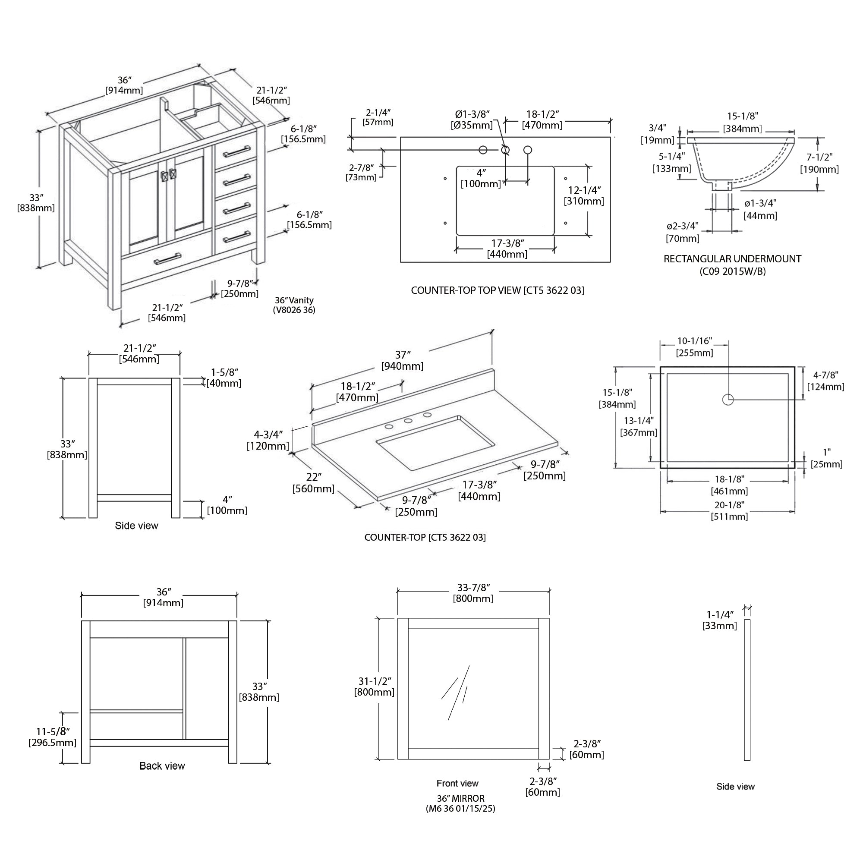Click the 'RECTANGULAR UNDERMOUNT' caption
coord(732,259)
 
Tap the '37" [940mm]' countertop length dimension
coord(402,360)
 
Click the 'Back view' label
coord(162,765)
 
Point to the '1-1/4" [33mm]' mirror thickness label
coord(719,620)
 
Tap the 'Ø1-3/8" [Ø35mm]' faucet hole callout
coord(472,120)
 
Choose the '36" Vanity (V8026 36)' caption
coord(294,305)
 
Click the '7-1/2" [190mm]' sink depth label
coord(819,164)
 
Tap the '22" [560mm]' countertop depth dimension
coord(314,483)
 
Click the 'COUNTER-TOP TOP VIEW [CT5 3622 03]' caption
coord(497,290)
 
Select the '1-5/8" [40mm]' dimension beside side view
coord(224,378)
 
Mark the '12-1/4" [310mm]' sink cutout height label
coord(584,195)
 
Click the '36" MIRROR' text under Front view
coord(460,798)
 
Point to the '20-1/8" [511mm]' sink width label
coord(729,510)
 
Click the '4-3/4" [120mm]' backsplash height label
coord(268,440)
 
